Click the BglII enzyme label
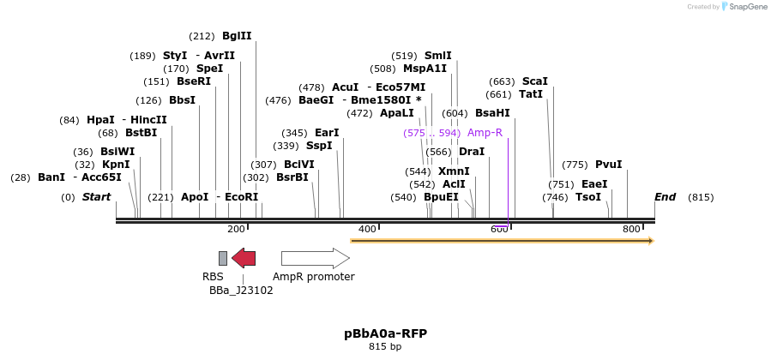[237, 36]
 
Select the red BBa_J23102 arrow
[244, 258]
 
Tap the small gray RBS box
[223, 258]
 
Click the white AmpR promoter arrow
[315, 258]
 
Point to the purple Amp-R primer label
[485, 133]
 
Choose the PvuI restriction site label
[608, 165]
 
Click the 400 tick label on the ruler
[367, 229]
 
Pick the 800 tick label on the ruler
[631, 229]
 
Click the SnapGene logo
[744, 7]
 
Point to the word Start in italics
[96, 197]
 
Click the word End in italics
[665, 197]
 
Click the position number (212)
[202, 36]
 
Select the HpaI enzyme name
[100, 120]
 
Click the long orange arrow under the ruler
[502, 241]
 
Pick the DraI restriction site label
[472, 152]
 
